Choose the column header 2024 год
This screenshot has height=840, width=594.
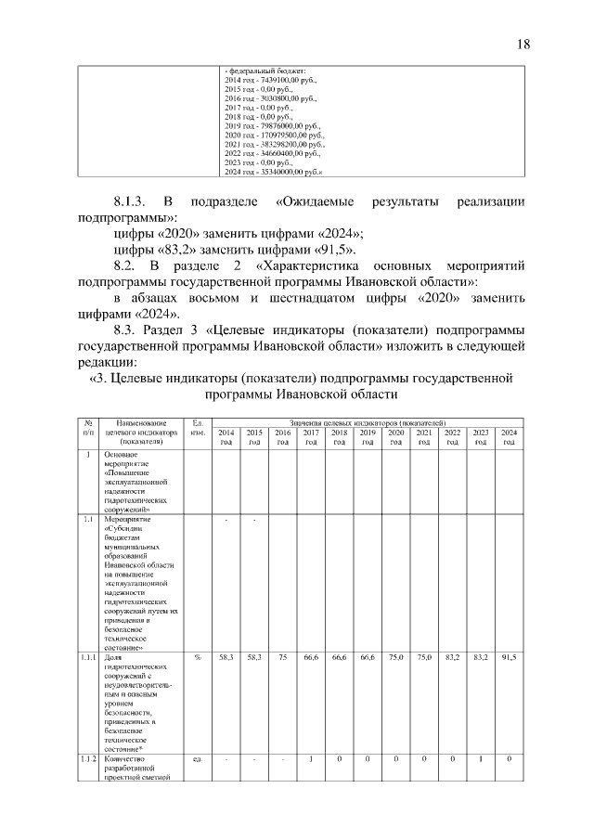pyautogui.click(x=509, y=437)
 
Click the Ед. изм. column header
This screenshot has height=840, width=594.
pyautogui.click(x=197, y=428)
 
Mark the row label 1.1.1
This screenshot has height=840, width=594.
pyautogui.click(x=88, y=656)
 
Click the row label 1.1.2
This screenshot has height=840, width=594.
pyautogui.click(x=88, y=758)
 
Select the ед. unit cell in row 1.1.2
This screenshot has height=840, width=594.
pyautogui.click(x=197, y=758)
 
